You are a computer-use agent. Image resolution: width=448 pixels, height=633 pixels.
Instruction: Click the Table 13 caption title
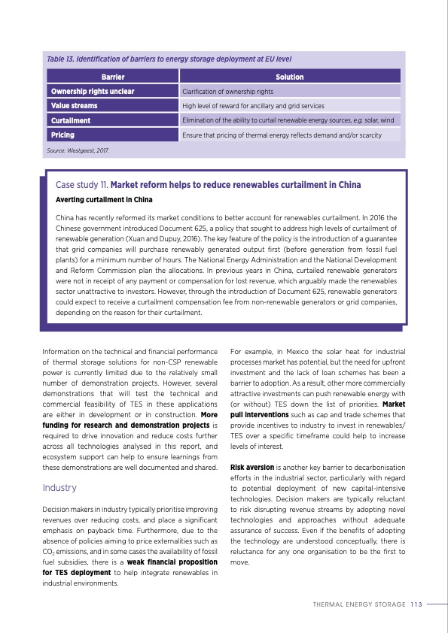click(x=169, y=59)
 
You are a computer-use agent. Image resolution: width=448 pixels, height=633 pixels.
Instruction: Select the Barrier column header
click(x=112, y=77)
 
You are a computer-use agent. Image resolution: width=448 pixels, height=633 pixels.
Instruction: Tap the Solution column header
click(x=289, y=77)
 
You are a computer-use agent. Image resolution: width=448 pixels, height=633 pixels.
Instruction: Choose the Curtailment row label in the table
click(x=71, y=120)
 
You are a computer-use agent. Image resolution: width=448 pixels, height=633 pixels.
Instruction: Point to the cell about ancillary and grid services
click(x=253, y=106)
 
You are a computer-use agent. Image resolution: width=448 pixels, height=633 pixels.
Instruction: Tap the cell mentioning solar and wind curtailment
click(x=288, y=120)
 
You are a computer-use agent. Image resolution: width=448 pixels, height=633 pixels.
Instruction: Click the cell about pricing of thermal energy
click(x=281, y=135)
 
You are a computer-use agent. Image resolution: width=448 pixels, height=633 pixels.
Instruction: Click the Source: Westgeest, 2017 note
click(x=78, y=151)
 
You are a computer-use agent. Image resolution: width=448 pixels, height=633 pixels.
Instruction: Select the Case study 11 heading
click(x=209, y=185)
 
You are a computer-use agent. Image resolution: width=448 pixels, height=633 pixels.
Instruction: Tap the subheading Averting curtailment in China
click(x=104, y=200)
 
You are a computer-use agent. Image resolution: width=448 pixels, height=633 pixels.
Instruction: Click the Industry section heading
click(x=59, y=488)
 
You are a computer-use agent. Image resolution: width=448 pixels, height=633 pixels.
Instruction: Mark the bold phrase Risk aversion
click(x=251, y=467)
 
